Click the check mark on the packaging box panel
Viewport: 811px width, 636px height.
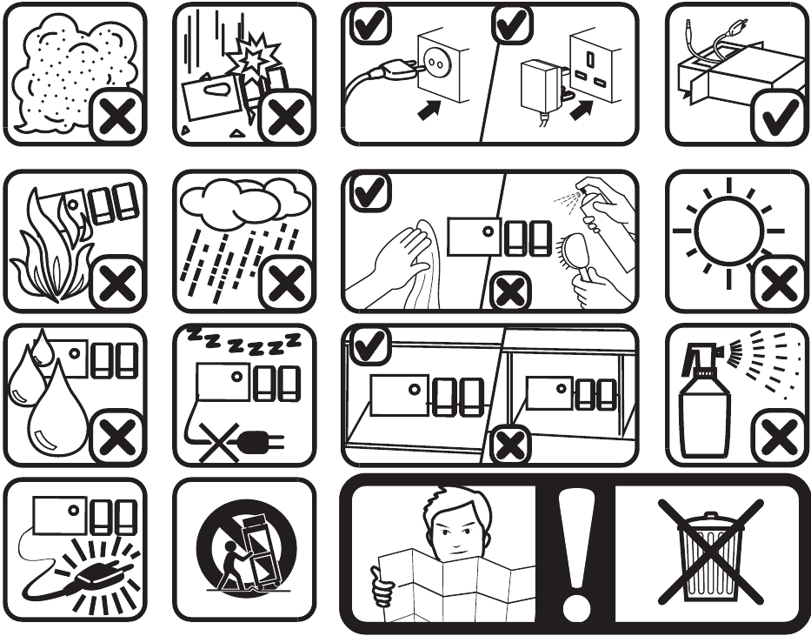[780, 117]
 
